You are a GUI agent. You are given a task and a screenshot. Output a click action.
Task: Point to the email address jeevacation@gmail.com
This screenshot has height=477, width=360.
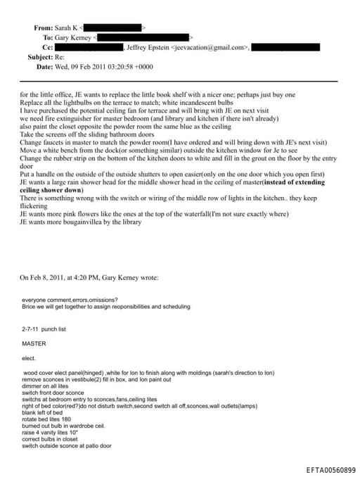pyautogui.click(x=209, y=47)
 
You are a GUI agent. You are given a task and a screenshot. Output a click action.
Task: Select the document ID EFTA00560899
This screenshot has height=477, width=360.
pyautogui.click(x=331, y=469)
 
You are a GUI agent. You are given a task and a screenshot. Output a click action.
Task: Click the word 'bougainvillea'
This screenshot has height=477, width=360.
pyautogui.click(x=82, y=222)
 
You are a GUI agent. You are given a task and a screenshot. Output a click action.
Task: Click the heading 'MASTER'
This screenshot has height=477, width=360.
pyautogui.click(x=34, y=344)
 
